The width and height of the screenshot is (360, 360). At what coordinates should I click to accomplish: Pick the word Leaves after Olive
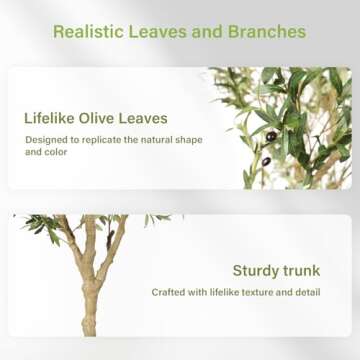(147, 118)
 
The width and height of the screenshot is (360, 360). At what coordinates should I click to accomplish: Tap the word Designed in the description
(46, 139)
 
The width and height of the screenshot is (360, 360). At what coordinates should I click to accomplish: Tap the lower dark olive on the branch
(265, 161)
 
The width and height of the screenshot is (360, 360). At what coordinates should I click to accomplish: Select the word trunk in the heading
(302, 270)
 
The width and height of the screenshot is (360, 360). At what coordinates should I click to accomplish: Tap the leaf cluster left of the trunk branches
(42, 226)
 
